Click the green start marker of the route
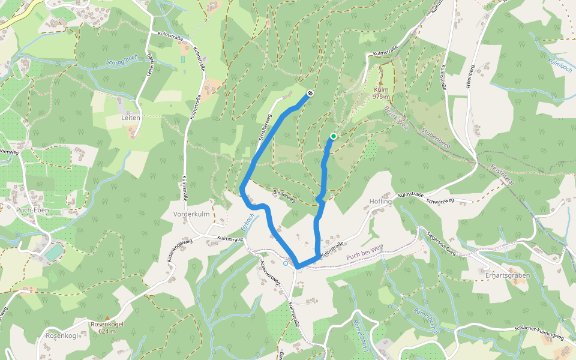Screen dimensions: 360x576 coord(333,137)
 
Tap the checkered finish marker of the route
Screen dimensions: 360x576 coord(310,93)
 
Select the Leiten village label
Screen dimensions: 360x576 coord(130,118)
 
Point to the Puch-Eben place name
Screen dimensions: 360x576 coord(33,211)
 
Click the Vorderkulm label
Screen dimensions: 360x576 coord(191,214)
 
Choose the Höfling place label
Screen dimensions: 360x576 coord(380,202)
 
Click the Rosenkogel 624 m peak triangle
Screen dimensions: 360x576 coord(107,317)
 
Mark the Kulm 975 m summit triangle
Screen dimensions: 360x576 coord(381,83)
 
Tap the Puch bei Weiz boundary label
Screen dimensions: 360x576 coord(365,255)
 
